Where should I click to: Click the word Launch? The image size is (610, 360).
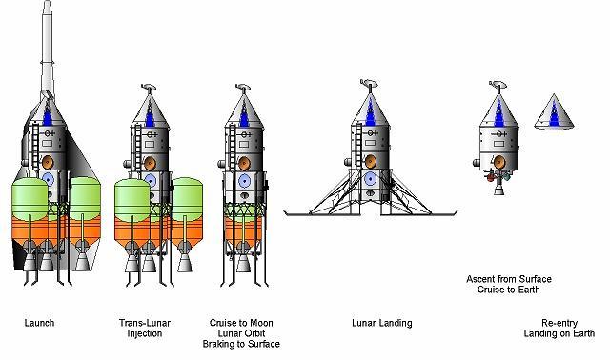click(39, 323)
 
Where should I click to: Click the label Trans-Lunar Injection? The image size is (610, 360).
click(144, 329)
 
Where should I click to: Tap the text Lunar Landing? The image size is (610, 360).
click(381, 323)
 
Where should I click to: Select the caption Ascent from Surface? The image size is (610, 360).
click(509, 279)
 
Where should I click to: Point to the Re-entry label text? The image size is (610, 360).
click(559, 323)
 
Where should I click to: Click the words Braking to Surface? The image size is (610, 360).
click(241, 344)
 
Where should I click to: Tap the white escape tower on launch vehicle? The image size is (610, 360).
click(48, 47)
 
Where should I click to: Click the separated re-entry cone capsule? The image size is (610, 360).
click(554, 112)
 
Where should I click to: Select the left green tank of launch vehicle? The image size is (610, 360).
click(30, 198)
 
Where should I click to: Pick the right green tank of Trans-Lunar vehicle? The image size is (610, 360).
click(187, 197)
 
